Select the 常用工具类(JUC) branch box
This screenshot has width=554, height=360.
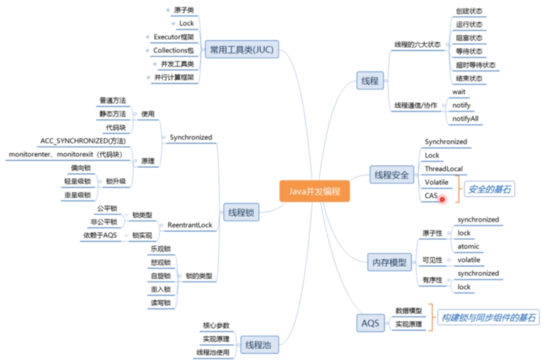click(x=241, y=50)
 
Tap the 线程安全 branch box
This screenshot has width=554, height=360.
click(x=390, y=174)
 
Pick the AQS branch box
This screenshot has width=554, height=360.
click(x=371, y=323)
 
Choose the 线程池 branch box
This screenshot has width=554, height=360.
click(x=258, y=343)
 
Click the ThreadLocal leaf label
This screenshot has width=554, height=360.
click(x=444, y=169)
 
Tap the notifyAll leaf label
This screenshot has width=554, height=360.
click(x=465, y=119)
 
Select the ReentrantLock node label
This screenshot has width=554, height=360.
click(x=190, y=225)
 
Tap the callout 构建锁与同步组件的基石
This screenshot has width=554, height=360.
click(x=490, y=317)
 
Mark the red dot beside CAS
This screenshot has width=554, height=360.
click(x=442, y=199)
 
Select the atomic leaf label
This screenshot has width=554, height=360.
click(x=468, y=247)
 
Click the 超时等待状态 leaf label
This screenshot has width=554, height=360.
click(x=475, y=65)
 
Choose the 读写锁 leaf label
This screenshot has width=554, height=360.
click(x=159, y=303)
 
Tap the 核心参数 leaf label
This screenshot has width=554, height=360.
click(x=216, y=326)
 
